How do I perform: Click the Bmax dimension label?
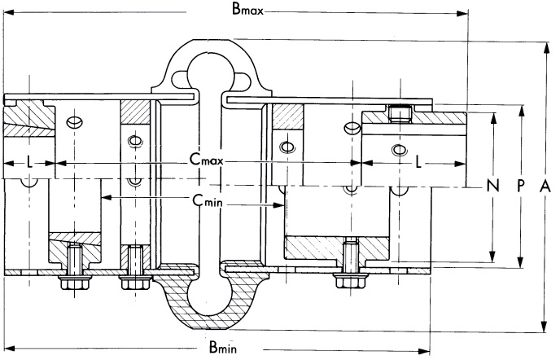[247, 11]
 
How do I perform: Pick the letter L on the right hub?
[419, 163]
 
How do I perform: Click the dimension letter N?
[492, 186]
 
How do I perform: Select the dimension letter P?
[520, 186]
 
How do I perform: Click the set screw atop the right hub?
[398, 112]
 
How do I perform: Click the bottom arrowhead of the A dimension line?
[545, 327]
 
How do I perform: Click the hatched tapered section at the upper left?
[24, 121]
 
